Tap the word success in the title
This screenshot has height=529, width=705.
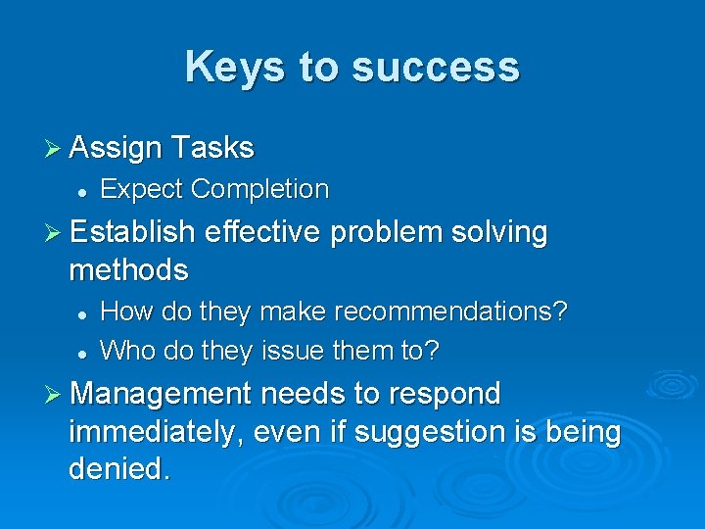[436, 67]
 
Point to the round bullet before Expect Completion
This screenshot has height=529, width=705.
[84, 190]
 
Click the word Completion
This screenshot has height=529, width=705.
[259, 188]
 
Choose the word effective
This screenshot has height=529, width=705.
[263, 232]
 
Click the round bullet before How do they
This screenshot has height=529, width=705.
[84, 313]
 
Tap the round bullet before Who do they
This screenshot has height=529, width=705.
[84, 350]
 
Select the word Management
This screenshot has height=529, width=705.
[162, 394]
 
